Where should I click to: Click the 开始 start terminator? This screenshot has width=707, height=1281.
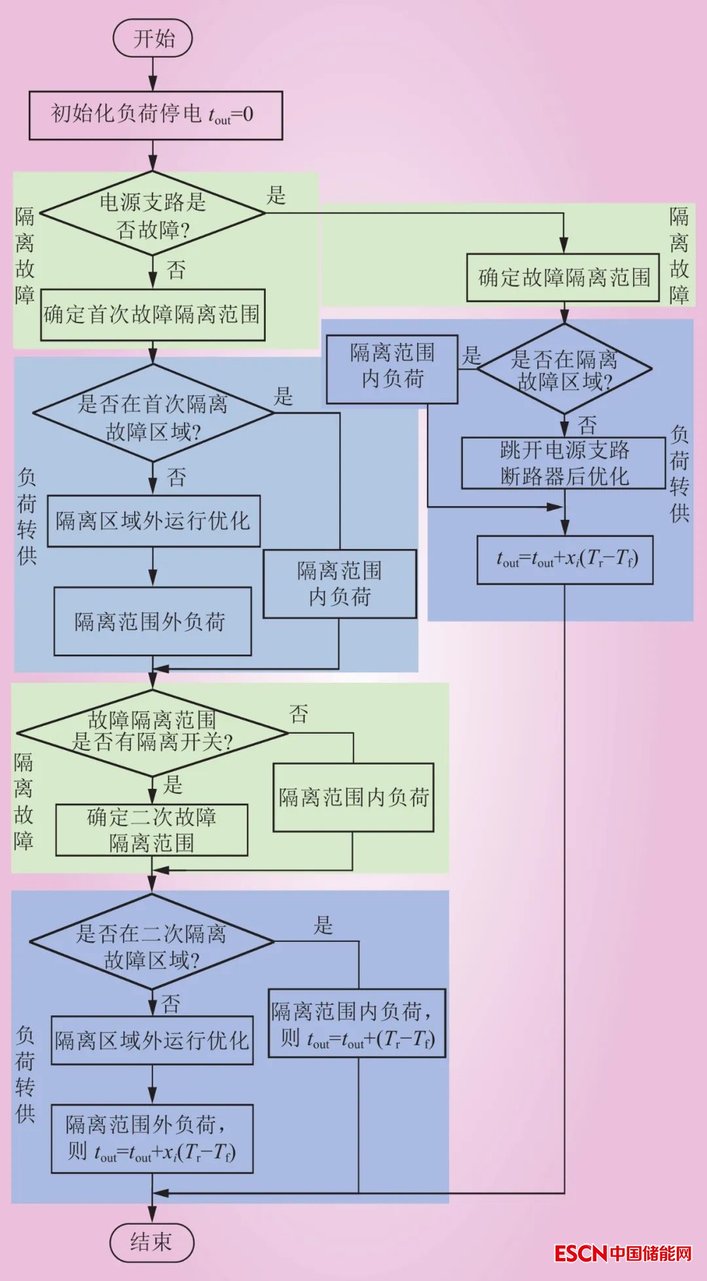[153, 38]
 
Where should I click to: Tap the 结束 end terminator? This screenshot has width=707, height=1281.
[152, 1242]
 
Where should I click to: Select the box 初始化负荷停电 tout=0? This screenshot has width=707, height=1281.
[156, 115]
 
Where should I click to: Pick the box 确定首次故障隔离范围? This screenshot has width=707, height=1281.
[153, 315]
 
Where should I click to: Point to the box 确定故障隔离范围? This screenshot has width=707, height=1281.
[563, 278]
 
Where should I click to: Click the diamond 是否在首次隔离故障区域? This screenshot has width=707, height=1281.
[153, 414]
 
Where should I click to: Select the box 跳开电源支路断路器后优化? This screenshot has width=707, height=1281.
[564, 463]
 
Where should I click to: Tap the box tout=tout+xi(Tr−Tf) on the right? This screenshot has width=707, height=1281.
[565, 560]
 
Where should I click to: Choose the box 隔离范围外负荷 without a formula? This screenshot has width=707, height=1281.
[153, 621]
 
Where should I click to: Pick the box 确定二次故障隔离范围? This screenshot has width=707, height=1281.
[152, 830]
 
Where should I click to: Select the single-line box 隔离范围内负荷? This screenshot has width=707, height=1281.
[353, 797]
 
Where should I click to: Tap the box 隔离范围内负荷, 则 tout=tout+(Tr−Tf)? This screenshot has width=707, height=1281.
[357, 1023]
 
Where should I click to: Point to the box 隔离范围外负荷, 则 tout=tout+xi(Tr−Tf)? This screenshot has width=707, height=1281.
[152, 1139]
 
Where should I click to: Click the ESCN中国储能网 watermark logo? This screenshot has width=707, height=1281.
[623, 1254]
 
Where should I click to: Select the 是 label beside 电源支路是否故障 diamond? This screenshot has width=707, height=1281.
[276, 195]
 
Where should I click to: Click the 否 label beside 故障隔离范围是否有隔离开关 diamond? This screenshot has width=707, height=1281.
[299, 713]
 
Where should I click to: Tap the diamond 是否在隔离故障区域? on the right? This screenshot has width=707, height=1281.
[564, 369]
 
